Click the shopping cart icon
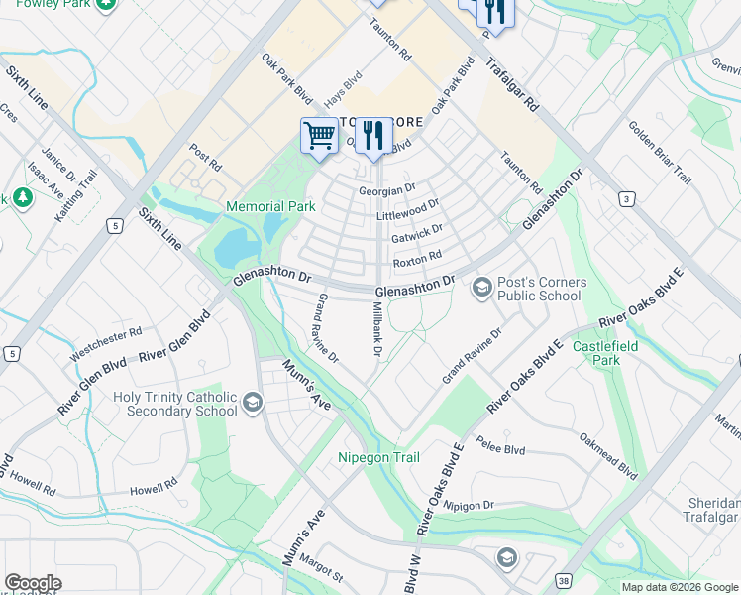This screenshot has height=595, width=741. coord(319,135)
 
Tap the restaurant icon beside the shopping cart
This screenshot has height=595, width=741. coord(372,135)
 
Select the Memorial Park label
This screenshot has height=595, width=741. coord(270,206)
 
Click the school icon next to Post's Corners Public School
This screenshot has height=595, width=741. coord(482,289)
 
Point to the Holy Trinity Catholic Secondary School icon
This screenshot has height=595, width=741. coord(253,403)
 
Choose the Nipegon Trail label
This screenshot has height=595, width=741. coord(378,457)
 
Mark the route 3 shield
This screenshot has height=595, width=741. coord(626,199)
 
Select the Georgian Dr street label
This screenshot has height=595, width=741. coord(386,188)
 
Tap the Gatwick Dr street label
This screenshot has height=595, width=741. coord(416,237)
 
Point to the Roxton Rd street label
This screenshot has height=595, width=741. coord(416,260)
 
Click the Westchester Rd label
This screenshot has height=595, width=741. coord(106,343)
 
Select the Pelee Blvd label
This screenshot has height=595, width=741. coord(499,446)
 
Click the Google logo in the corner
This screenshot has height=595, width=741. coord(33,583)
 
